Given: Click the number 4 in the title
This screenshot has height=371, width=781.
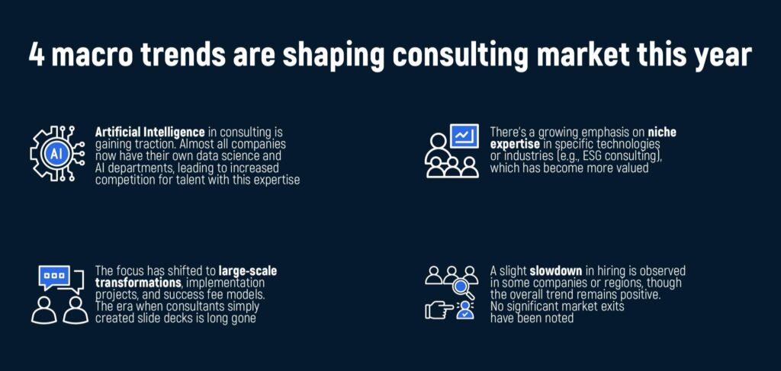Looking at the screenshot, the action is coord(37,54).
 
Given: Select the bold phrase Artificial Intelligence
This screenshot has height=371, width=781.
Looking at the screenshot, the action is coord(150,133).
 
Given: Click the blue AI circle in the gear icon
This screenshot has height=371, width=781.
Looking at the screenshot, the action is coord(56,153).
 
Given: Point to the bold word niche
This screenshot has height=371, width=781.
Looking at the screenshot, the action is coord(662,133).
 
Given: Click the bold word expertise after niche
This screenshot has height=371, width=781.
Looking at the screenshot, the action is coord(515,145).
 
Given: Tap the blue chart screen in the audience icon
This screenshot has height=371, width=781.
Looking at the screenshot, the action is coord(464,136).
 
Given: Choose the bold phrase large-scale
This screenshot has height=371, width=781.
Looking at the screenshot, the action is coord(248,271).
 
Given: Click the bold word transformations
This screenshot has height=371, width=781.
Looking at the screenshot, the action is coord(138,283).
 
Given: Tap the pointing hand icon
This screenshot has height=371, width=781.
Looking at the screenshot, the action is coord(439,310).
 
